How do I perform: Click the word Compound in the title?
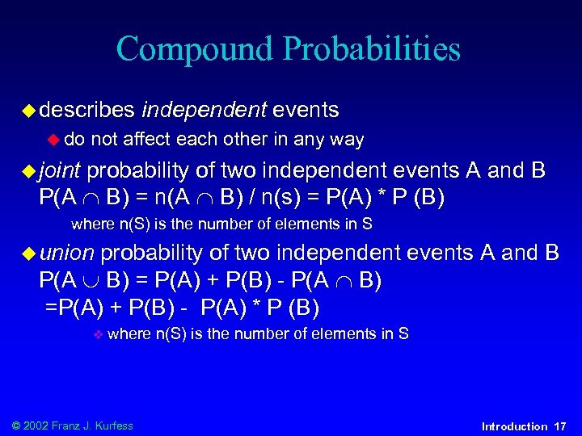[x=196, y=49]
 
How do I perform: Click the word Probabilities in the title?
[x=373, y=49]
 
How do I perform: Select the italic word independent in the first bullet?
[x=204, y=109]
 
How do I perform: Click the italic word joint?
[x=60, y=171]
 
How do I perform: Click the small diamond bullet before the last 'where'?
[x=96, y=334]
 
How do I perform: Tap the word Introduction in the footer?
[x=514, y=426]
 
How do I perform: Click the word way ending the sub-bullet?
[x=347, y=140]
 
